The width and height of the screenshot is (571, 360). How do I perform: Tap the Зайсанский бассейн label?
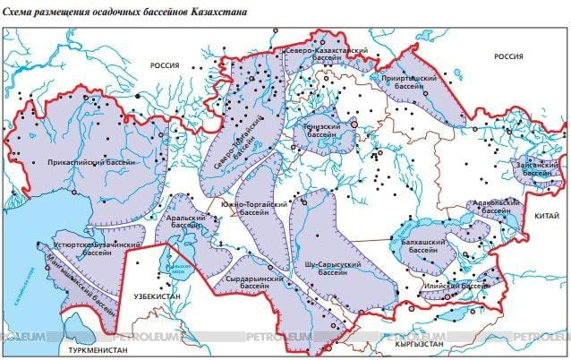tap(537, 168)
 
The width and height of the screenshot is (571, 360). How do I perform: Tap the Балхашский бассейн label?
tap(419, 247)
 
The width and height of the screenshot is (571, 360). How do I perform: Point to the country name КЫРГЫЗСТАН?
tap(413, 342)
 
